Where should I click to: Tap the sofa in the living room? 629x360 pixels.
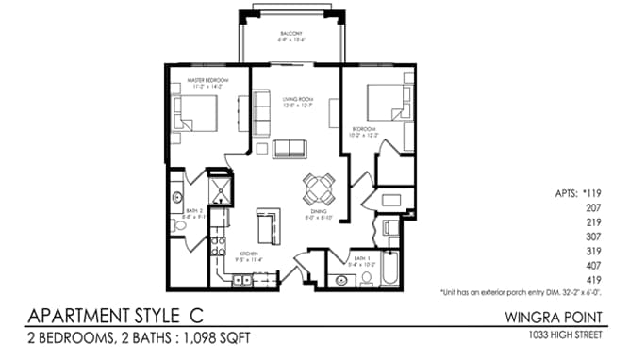point(290,148)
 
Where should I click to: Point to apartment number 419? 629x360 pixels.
point(594,281)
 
